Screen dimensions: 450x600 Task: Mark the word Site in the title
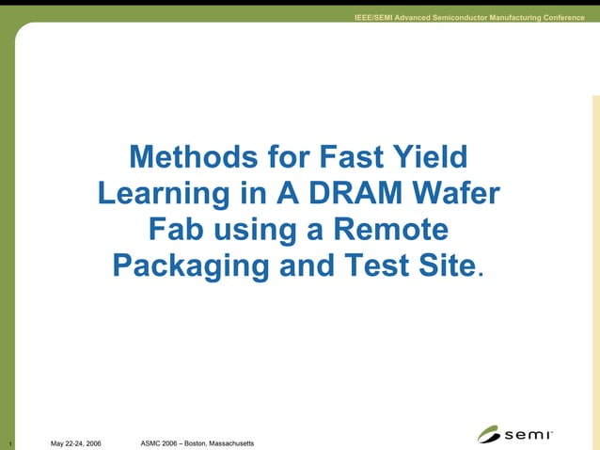[445, 265]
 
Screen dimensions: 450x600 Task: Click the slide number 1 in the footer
[8, 443]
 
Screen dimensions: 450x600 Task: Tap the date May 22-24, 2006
[76, 443]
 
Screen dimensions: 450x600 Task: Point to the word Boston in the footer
[196, 442]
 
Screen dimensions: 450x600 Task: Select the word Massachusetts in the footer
[231, 442]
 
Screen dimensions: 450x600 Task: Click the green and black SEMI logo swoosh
[490, 435]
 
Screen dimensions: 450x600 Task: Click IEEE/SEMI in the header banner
[373, 19]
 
